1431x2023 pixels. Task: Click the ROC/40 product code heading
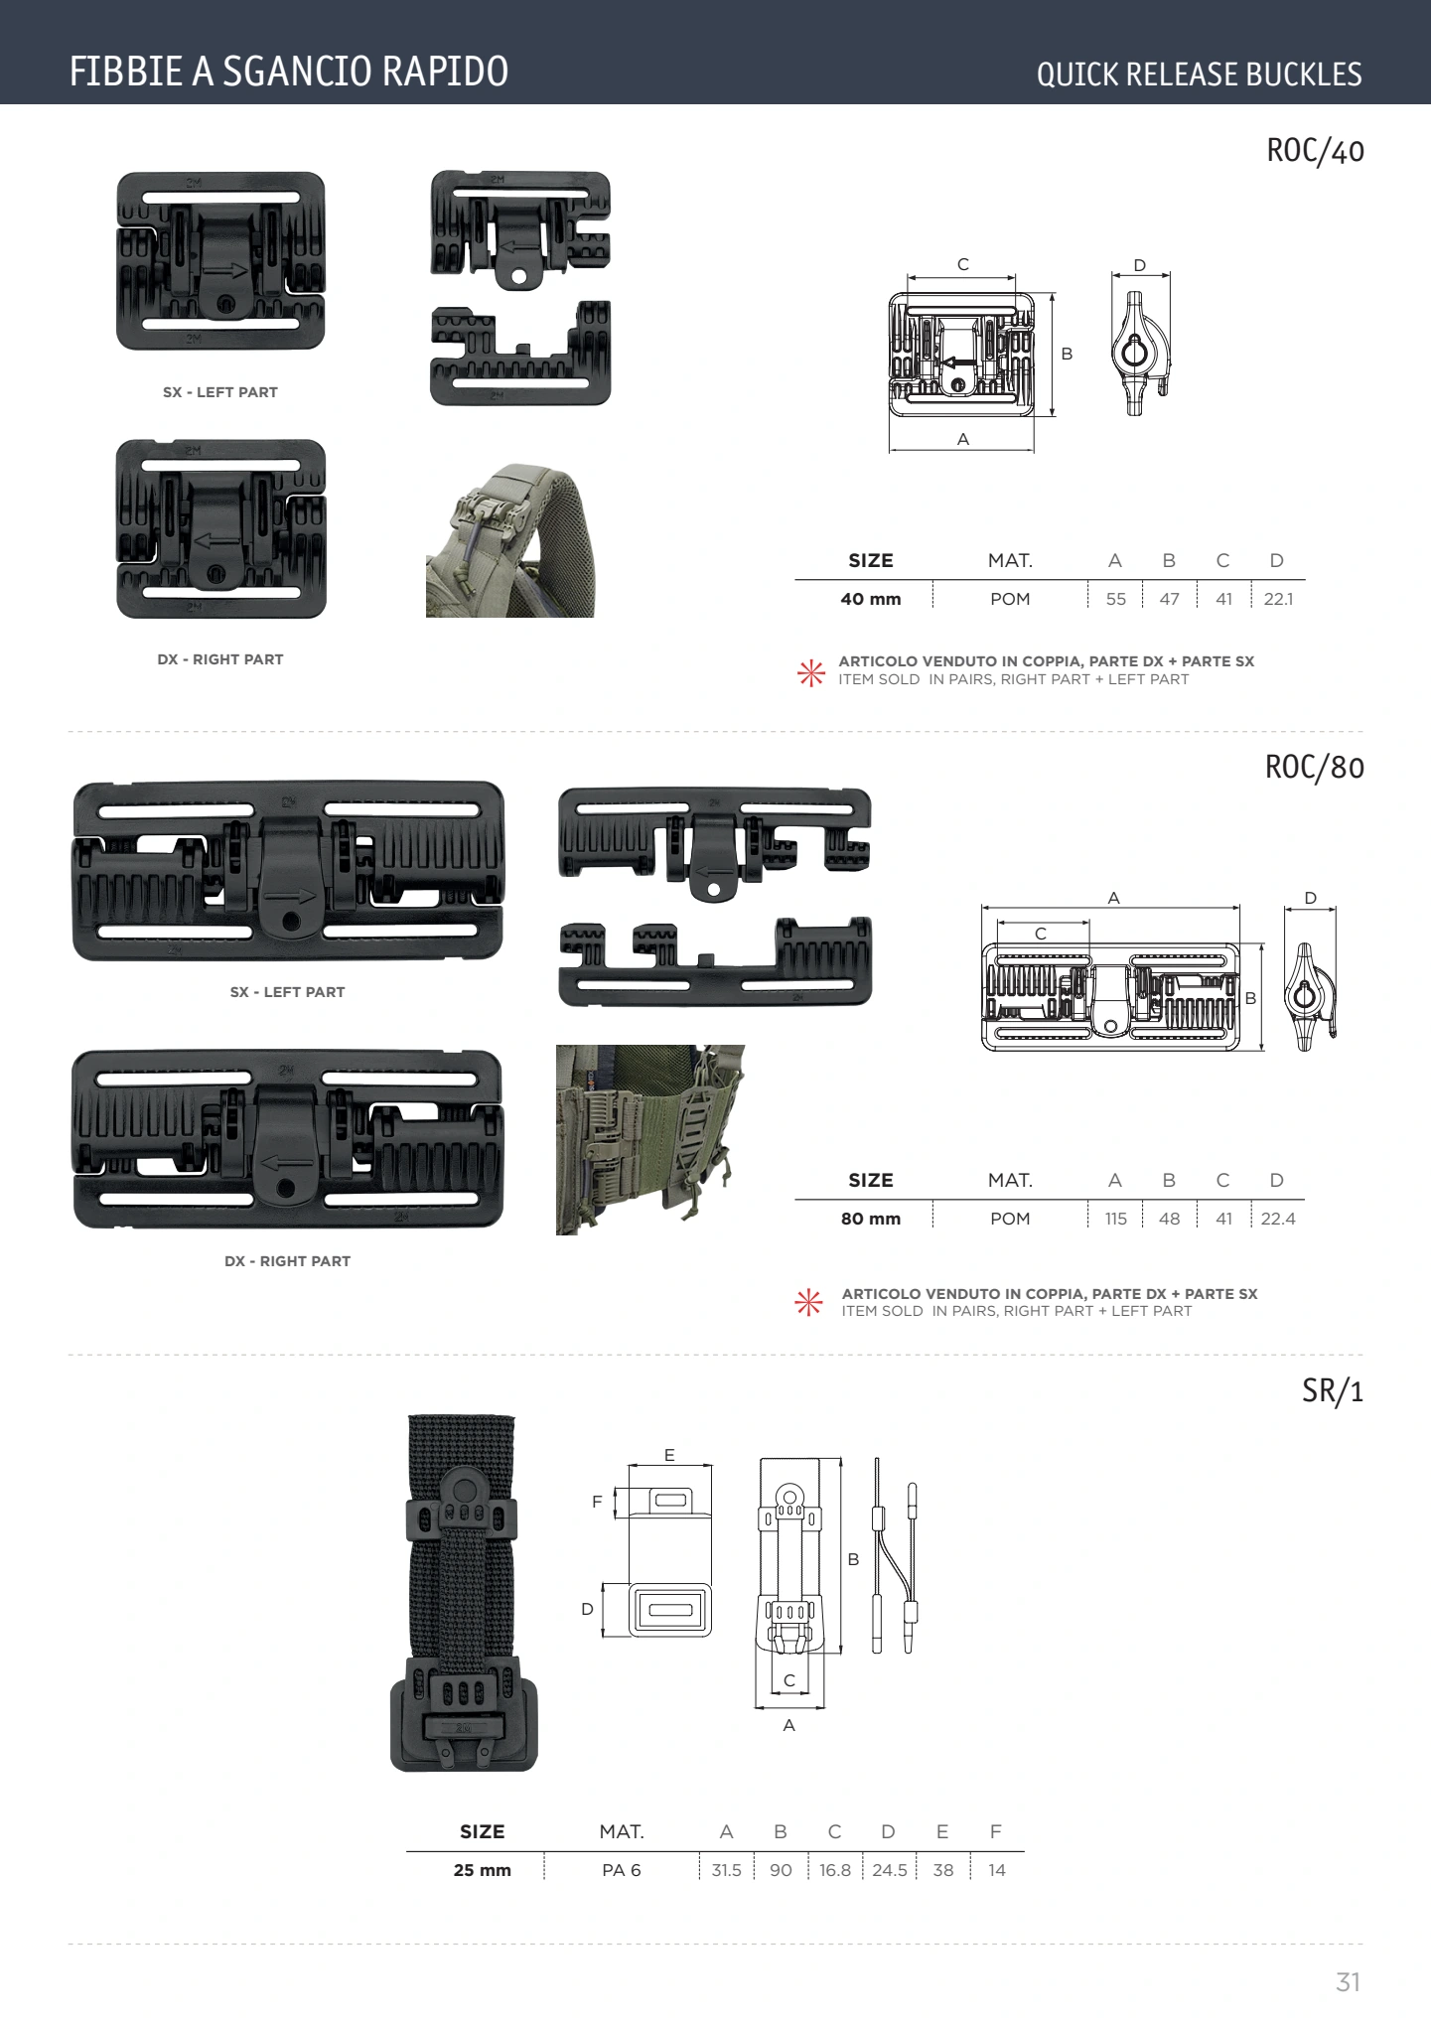(x=1315, y=151)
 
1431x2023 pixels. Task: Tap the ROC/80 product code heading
(x=1314, y=768)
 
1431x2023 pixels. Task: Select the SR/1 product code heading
(x=1333, y=1391)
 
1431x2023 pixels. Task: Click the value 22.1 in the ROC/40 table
(x=1278, y=599)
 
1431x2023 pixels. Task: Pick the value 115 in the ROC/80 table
(x=1115, y=1219)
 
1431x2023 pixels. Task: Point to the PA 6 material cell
(x=622, y=1870)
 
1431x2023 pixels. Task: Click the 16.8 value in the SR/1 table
(x=835, y=1870)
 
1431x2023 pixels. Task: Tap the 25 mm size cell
(x=483, y=1870)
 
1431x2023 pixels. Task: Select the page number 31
(x=1348, y=1982)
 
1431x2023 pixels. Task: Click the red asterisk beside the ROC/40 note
(x=811, y=672)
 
